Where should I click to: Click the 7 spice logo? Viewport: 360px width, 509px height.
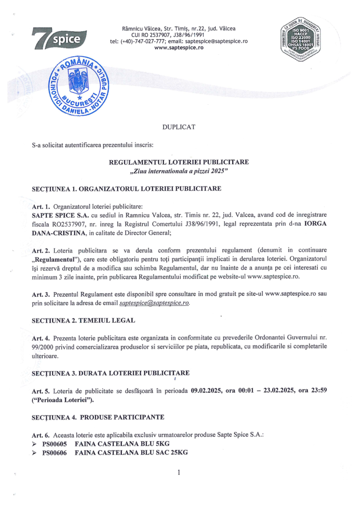pos(59,39)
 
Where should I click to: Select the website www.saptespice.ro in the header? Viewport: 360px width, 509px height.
pos(179,48)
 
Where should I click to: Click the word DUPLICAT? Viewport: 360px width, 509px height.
pos(179,127)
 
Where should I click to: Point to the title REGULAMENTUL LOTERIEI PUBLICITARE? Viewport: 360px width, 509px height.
pos(179,162)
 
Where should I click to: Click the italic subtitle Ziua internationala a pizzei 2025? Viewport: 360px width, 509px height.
pos(179,171)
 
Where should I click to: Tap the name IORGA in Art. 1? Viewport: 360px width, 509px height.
pos(316,223)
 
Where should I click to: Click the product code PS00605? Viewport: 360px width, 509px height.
pos(54,443)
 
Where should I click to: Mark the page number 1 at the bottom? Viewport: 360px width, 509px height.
pos(179,472)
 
